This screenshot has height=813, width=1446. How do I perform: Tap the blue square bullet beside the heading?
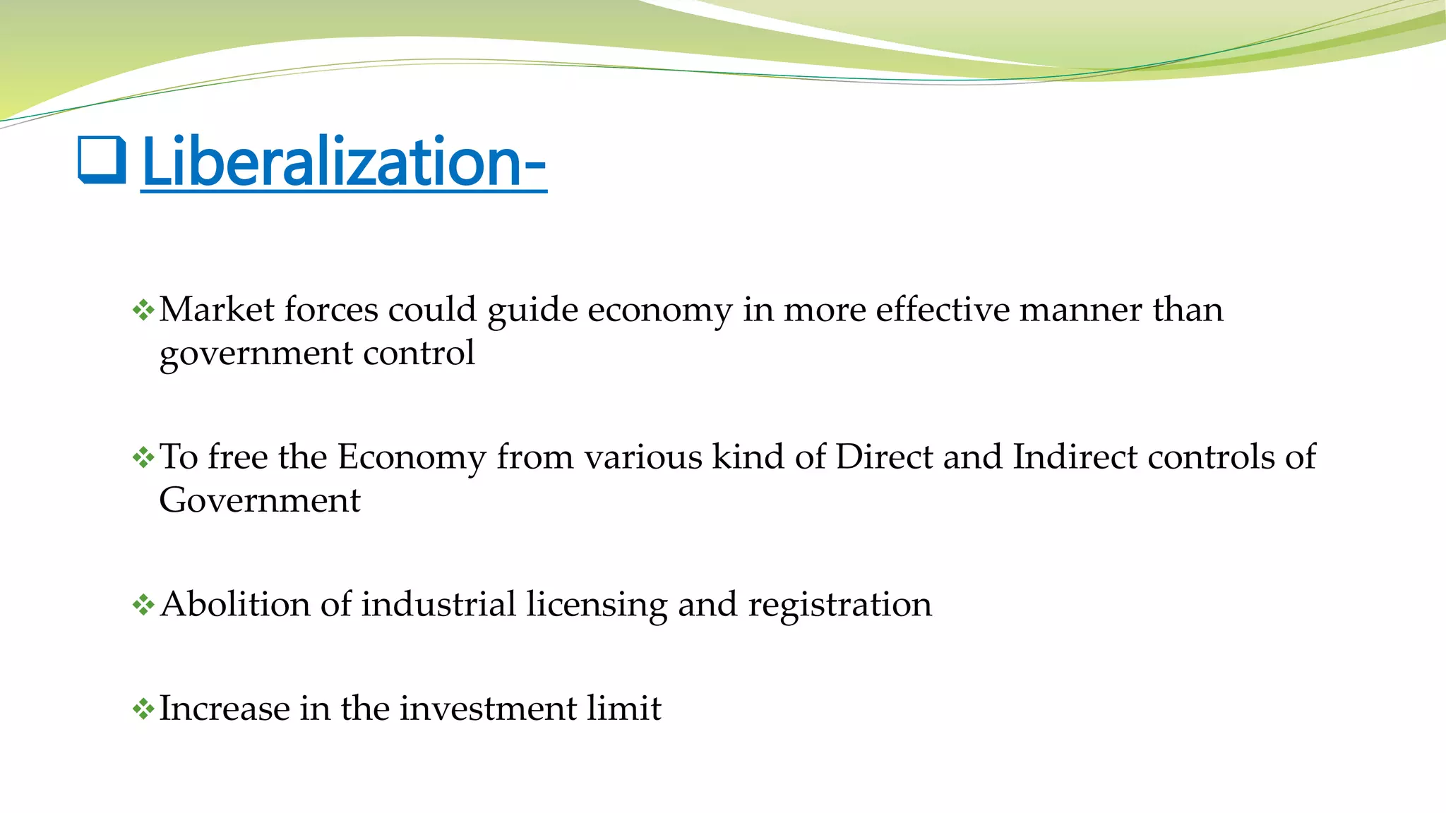pos(102,160)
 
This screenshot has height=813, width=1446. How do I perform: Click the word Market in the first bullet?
pos(217,310)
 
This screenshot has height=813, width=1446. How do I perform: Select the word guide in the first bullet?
pos(532,311)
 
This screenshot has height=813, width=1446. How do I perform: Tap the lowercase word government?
pos(256,354)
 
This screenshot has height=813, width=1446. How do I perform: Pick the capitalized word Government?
pos(260,500)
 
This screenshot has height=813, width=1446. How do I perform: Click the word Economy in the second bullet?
pos(412,458)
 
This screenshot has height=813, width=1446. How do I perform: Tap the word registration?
pos(839,606)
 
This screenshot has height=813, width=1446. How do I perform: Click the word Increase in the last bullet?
pos(224,708)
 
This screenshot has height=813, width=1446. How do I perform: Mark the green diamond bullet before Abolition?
pos(143,605)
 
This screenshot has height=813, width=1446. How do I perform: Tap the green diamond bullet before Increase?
pos(143,709)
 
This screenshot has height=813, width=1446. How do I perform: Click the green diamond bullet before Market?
pos(143,311)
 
